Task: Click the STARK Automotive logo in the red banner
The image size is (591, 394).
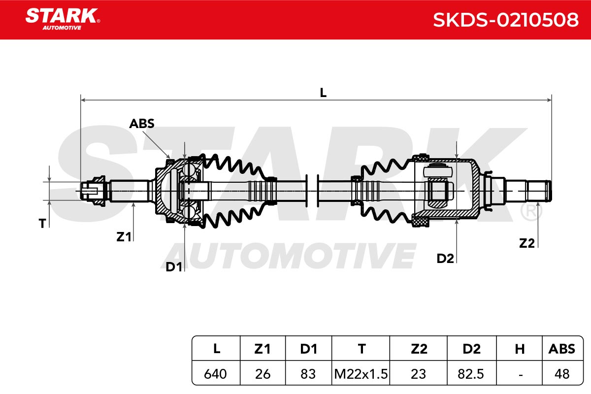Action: pyautogui.click(x=63, y=19)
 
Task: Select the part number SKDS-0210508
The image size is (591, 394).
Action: pyautogui.click(x=506, y=20)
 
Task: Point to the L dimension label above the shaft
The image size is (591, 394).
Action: pyautogui.click(x=323, y=93)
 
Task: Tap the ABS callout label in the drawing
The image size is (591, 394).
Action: pyautogui.click(x=142, y=124)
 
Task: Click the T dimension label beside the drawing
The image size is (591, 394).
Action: pyautogui.click(x=42, y=224)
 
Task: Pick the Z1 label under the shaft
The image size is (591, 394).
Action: pyautogui.click(x=124, y=237)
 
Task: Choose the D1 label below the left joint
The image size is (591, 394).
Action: pyautogui.click(x=173, y=267)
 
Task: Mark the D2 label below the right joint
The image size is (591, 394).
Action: pyautogui.click(x=445, y=259)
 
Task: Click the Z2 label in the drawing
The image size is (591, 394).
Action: pyautogui.click(x=526, y=243)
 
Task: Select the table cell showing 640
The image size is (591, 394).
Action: pyautogui.click(x=215, y=374)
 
